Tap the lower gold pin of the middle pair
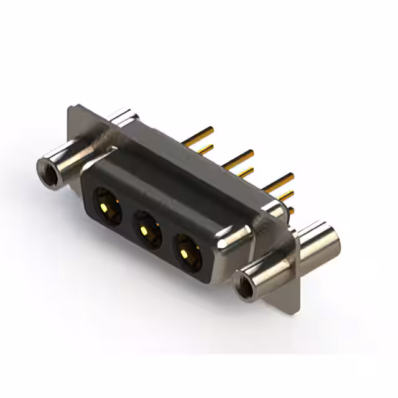[x=245, y=172]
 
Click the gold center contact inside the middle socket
[x=144, y=231]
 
